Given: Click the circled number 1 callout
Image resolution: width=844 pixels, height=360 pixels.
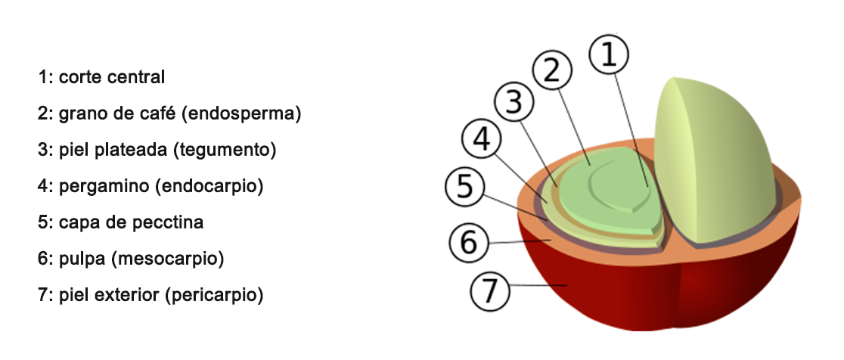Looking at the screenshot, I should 610,56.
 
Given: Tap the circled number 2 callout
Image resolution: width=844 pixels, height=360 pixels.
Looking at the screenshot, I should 552,70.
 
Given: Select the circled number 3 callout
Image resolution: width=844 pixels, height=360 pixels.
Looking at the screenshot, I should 515,104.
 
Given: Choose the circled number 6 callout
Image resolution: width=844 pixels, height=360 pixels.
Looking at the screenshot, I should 468,243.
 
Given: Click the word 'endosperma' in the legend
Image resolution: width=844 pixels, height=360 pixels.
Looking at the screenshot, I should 258,113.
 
